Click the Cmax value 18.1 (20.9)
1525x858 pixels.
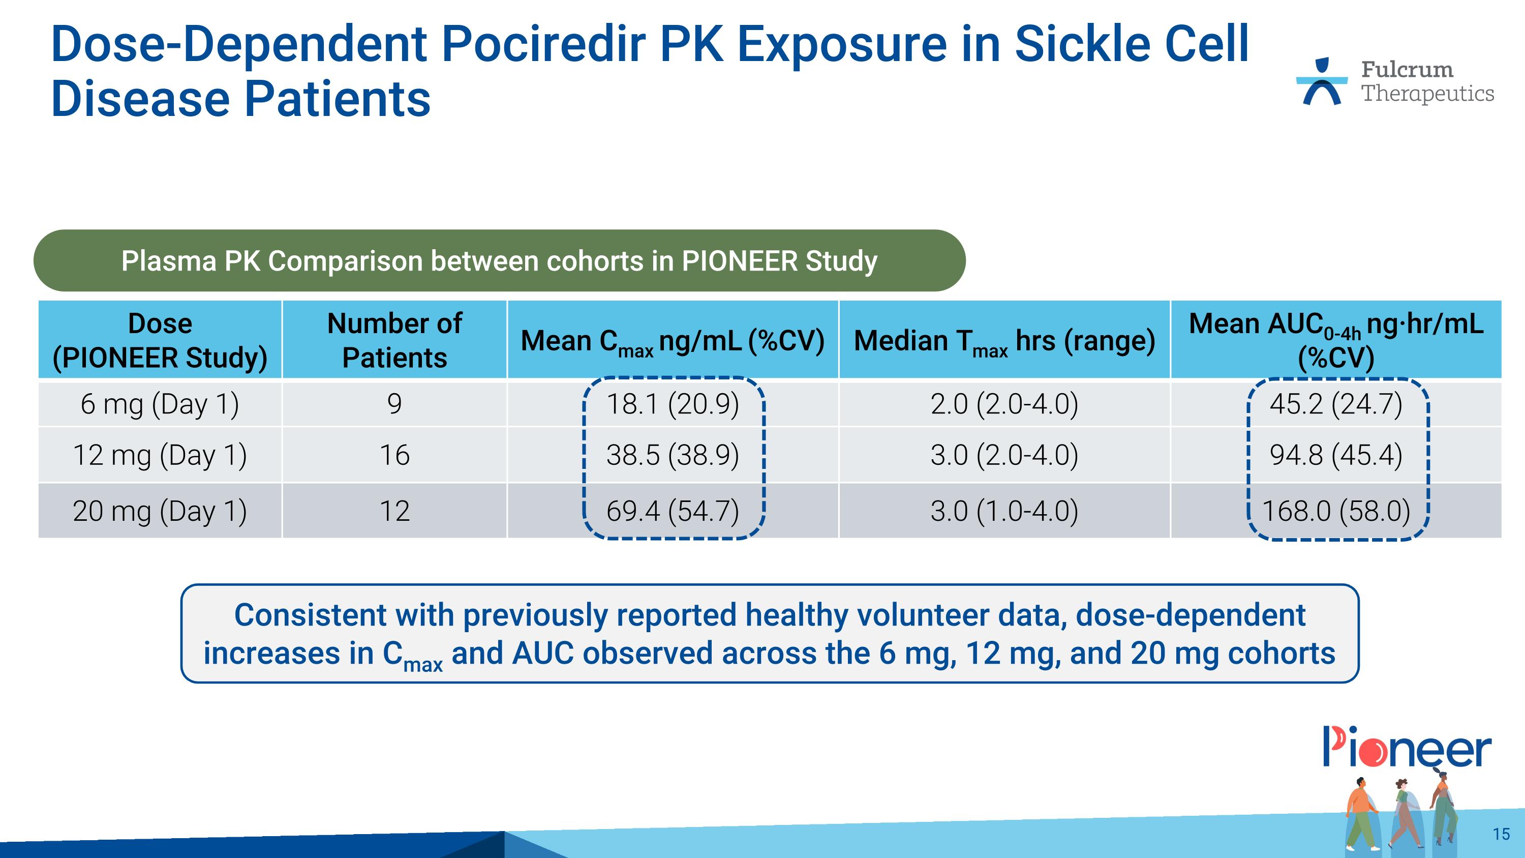[x=673, y=404]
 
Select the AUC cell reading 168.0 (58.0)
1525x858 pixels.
[x=1336, y=511]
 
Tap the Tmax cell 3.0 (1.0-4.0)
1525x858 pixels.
[x=1004, y=511]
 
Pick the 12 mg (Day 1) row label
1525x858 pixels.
[x=160, y=455]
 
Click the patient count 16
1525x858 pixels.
[x=394, y=455]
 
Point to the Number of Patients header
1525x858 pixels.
[x=394, y=340]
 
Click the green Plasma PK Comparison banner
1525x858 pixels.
[x=499, y=261]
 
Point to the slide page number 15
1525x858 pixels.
[x=1501, y=834]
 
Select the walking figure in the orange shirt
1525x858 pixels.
[x=1362, y=811]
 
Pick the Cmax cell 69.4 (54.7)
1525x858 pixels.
[x=673, y=511]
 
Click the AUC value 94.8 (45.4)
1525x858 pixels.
[x=1336, y=455]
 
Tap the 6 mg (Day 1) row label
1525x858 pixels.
[x=160, y=404]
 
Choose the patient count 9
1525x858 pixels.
[x=394, y=404]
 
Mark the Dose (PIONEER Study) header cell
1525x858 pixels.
[x=160, y=340]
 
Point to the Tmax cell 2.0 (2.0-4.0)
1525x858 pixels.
[x=1004, y=404]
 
